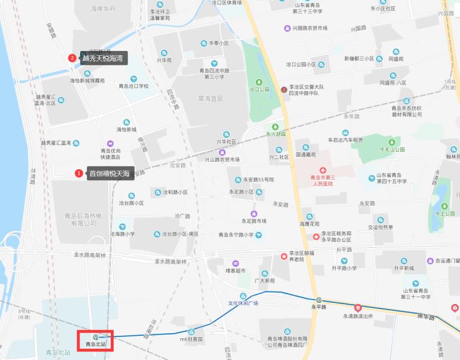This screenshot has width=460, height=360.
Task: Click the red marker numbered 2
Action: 72,58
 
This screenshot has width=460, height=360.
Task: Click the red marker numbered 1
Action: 78,173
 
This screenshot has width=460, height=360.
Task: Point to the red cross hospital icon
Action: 322,170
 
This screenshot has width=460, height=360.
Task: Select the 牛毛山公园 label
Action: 392,149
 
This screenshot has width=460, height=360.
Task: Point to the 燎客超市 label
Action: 236,270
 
